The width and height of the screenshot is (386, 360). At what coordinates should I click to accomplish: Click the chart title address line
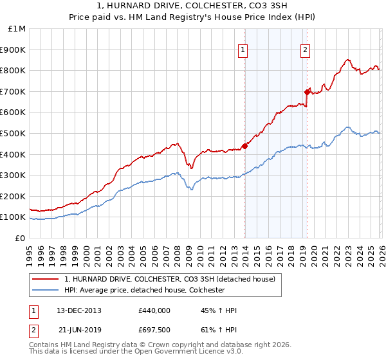click(x=192, y=6)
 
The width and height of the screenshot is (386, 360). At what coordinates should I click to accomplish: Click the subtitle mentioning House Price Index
click(x=192, y=17)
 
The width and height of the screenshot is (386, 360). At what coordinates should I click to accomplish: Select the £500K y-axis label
click(x=14, y=134)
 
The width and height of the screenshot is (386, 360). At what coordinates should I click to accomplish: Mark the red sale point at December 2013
click(x=244, y=146)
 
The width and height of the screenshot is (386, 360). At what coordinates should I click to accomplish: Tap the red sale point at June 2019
click(x=307, y=92)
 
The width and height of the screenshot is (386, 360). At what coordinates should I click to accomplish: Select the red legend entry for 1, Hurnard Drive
click(x=170, y=279)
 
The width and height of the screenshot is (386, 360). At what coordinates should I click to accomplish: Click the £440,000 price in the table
click(x=154, y=310)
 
